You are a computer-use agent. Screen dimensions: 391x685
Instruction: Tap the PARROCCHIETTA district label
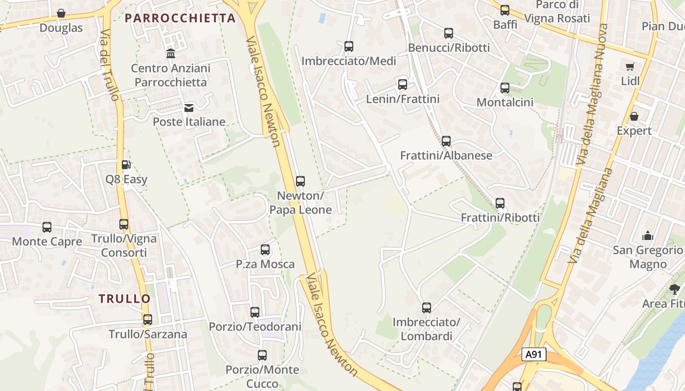180,18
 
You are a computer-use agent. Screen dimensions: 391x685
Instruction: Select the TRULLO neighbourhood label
125,299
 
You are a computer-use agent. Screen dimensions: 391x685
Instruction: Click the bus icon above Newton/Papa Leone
300,181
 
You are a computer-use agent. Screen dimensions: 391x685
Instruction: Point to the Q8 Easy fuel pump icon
126,165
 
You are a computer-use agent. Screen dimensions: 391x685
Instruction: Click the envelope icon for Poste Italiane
189,108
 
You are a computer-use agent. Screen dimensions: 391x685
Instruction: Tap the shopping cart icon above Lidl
630,66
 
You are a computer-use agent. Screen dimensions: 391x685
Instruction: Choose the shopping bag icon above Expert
634,116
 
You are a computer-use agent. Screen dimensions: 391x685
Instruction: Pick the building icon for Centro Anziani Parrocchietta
171,53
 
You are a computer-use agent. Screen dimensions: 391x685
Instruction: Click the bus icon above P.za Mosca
265,250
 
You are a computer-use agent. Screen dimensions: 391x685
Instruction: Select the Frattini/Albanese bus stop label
446,155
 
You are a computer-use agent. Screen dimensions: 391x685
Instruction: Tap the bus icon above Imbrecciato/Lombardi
427,308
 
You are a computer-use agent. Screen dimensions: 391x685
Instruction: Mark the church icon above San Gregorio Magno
648,236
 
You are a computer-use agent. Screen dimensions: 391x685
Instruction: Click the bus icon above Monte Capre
47,227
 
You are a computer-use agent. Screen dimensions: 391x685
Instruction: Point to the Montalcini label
505,102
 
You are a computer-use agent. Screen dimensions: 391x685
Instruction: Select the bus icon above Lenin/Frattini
403,85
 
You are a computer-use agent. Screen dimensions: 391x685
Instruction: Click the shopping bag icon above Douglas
61,13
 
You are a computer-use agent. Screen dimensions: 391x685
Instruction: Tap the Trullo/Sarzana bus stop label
148,334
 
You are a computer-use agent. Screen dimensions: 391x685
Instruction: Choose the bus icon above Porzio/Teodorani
255,312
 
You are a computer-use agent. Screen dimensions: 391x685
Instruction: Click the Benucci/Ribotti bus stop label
449,47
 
